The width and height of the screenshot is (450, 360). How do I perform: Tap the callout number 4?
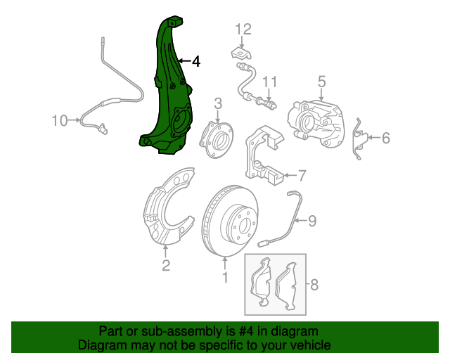click(195, 62)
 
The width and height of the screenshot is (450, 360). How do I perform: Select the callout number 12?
click(243, 30)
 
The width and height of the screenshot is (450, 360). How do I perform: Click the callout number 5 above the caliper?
click(321, 82)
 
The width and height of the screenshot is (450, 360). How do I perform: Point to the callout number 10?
click(60, 121)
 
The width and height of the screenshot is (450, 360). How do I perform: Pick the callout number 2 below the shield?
click(166, 265)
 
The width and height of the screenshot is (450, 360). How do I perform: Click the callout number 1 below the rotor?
click(225, 278)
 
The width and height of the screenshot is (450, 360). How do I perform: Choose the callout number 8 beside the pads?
click(314, 285)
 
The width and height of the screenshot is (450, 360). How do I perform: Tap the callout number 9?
click(311, 221)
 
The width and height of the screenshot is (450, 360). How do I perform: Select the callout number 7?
click(301, 175)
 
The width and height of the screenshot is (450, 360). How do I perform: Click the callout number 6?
click(385, 139)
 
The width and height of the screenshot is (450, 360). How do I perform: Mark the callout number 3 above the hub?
click(218, 103)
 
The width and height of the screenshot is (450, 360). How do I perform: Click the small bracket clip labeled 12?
click(240, 53)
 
